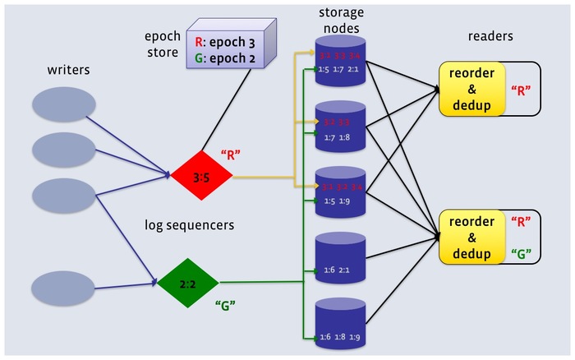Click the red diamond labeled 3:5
point(201,176)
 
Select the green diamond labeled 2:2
point(188,284)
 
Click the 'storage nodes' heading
point(340,22)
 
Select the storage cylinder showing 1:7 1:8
point(339,127)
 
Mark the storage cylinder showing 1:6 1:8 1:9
point(339,321)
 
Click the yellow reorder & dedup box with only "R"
point(472,88)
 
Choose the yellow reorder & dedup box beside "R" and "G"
point(472,237)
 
